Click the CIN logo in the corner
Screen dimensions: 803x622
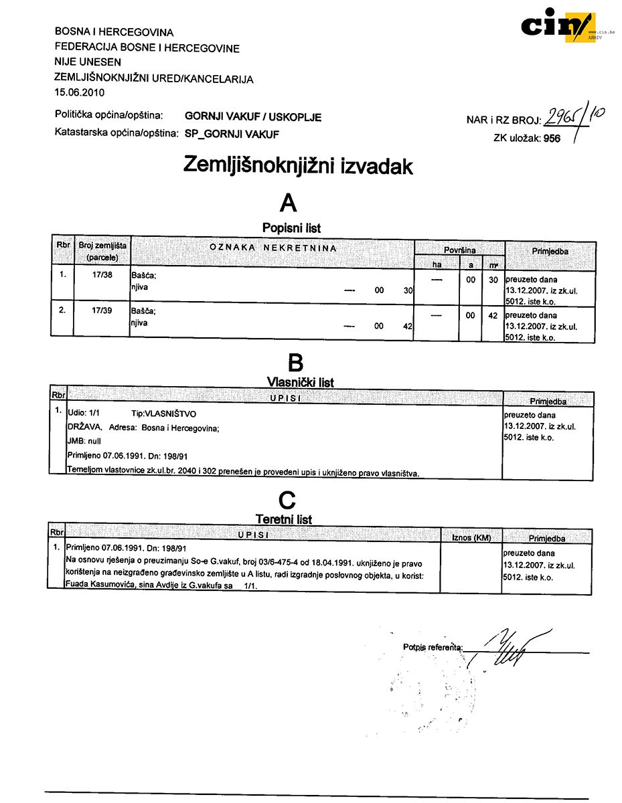coord(557,26)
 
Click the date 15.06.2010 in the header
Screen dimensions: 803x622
coord(80,92)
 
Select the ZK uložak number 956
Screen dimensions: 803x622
coord(552,139)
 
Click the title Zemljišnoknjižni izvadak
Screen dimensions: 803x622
coord(298,165)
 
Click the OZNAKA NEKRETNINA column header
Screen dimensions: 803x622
coord(273,248)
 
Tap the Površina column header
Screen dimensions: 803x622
coord(459,250)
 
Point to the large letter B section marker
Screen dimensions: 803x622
coord(295,362)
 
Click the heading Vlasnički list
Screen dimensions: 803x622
coord(300,382)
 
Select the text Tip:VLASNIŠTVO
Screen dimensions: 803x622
coord(164,414)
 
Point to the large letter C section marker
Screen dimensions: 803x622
coord(287,500)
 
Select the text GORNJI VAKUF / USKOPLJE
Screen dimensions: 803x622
coord(253,117)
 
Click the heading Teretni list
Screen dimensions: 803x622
coord(284,519)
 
